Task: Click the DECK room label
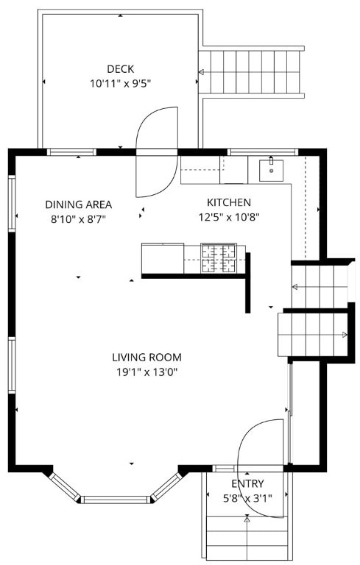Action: coord(121,69)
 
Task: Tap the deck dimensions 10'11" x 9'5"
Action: coord(121,84)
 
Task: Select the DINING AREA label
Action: coord(79,205)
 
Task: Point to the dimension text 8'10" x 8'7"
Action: coord(79,218)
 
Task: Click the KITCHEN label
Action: coord(229,202)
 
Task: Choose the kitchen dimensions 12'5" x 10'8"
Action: coord(229,216)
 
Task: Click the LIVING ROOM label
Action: coord(147,358)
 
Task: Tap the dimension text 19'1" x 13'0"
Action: coord(147,372)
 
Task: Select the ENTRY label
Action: coord(247,483)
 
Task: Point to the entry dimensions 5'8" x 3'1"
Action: coord(247,497)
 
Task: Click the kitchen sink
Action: coord(272,169)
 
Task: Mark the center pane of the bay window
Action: coord(117,500)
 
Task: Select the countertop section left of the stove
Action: coord(162,257)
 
